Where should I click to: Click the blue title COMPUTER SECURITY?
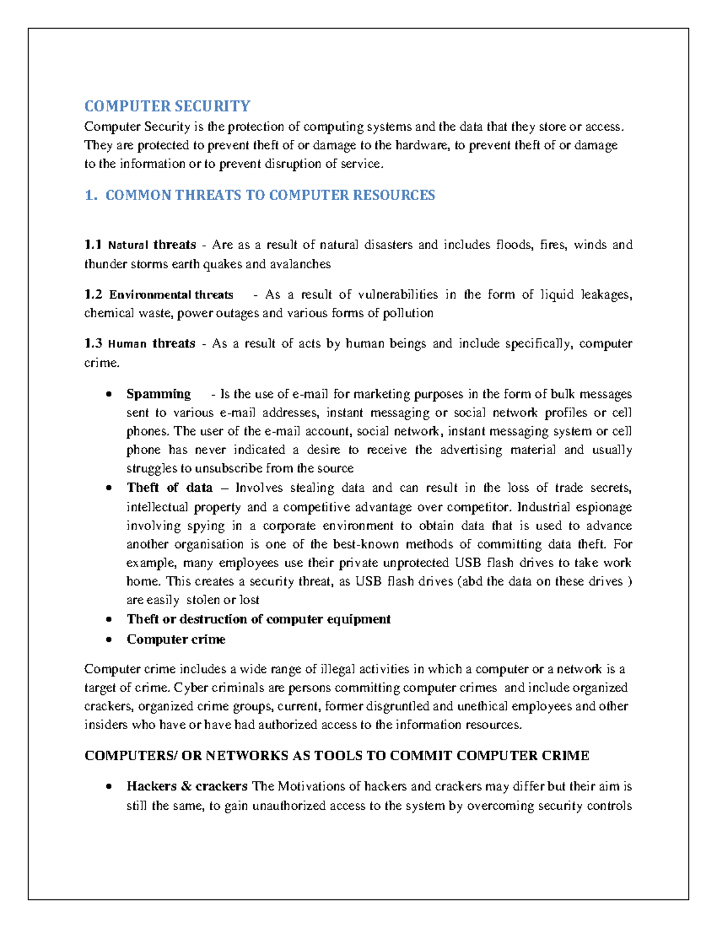pos(167,106)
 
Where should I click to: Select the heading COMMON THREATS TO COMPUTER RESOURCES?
pos(270,195)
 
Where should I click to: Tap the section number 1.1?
pos(93,245)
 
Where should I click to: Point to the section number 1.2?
pos(93,295)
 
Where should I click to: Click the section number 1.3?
pos(93,344)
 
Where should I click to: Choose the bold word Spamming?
pos(158,394)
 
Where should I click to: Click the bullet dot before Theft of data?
pos(108,488)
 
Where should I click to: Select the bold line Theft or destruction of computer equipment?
pos(258,619)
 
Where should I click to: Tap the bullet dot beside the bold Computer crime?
pos(108,640)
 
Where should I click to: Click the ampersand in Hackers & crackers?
pos(186,786)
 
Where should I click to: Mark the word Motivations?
pos(311,786)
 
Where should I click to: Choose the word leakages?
pos(603,295)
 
